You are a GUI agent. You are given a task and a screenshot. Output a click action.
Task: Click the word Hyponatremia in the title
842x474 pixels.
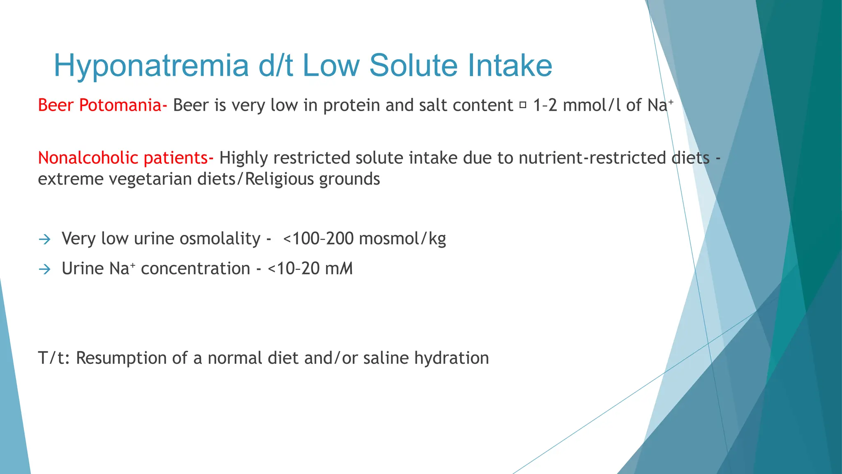[151, 66]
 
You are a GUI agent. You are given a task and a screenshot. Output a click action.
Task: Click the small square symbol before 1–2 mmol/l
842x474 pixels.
[523, 105]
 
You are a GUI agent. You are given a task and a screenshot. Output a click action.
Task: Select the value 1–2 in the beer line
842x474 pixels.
[545, 105]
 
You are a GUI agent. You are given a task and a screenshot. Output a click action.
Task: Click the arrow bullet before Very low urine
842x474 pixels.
[44, 239]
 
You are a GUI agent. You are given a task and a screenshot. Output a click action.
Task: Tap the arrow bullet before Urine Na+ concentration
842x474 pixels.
[44, 269]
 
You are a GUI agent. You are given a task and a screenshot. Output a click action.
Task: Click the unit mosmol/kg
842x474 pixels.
[402, 239]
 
